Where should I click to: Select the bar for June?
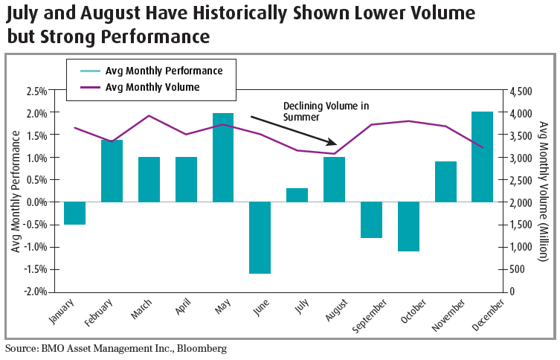[x=260, y=237]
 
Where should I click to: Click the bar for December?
[x=483, y=157]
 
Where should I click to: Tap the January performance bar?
[x=74, y=213]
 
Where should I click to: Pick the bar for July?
[x=297, y=195]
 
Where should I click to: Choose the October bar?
[x=408, y=226]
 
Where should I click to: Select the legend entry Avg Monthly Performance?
[x=164, y=71]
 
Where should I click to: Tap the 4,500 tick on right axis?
[x=521, y=91]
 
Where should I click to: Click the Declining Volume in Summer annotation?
[x=326, y=112]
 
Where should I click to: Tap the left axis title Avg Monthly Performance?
[x=15, y=190]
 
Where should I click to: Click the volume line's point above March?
[x=148, y=116]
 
